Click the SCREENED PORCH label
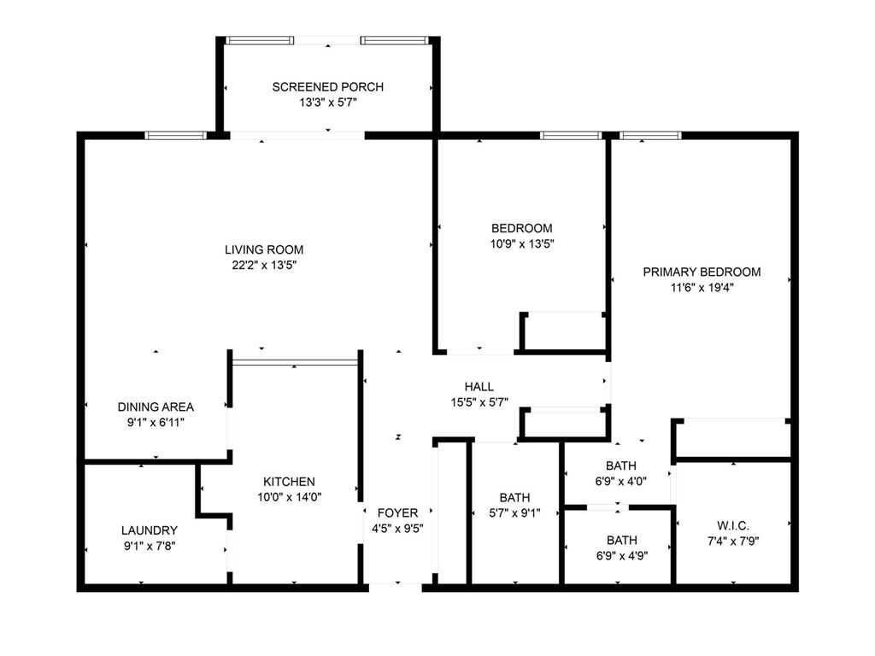(327, 87)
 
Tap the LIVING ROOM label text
(264, 249)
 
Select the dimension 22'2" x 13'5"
(264, 265)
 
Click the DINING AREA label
(156, 407)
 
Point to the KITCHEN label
(289, 482)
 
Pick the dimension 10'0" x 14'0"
(289, 496)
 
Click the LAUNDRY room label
(150, 530)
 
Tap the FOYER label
(398, 512)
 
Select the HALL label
(479, 387)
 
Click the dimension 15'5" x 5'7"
(479, 401)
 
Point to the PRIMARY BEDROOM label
(702, 272)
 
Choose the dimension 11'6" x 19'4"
(702, 288)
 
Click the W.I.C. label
(734, 524)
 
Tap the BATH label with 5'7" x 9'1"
(514, 498)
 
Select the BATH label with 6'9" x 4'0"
(621, 466)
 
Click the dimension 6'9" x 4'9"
(621, 555)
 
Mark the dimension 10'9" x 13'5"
(521, 243)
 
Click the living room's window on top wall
(175, 135)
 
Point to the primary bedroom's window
(650, 135)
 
